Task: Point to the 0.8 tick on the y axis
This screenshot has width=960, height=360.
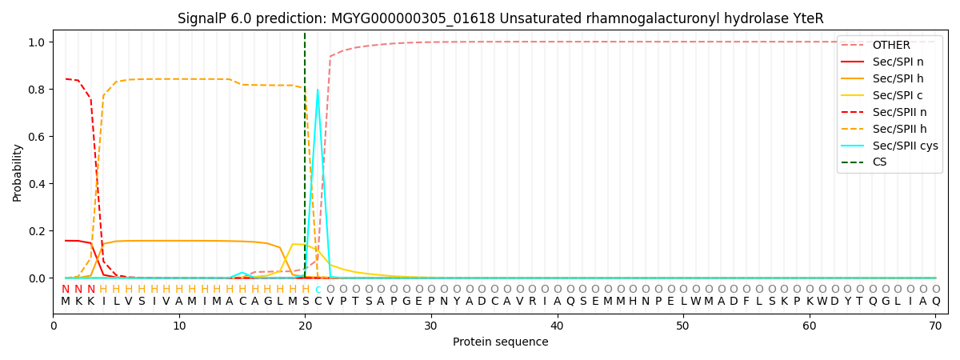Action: (x=38, y=90)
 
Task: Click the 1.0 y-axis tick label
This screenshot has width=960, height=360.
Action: (x=38, y=42)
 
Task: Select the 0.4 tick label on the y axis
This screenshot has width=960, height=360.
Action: (x=38, y=184)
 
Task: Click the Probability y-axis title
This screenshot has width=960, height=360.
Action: (x=18, y=173)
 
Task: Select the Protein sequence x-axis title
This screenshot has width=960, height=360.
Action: (x=500, y=342)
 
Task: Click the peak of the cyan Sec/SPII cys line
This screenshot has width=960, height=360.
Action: (x=318, y=90)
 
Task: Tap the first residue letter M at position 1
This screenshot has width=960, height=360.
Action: (x=66, y=302)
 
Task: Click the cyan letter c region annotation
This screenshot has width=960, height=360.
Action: (x=318, y=290)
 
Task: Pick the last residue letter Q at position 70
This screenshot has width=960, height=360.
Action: (x=935, y=302)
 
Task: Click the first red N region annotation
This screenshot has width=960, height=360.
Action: (x=66, y=290)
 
